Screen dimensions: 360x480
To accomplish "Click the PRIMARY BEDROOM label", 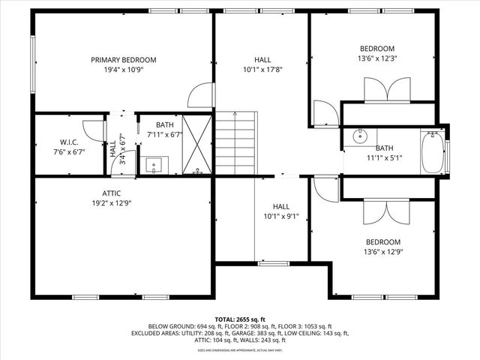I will [x=123, y=60].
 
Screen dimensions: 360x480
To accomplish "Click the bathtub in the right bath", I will [x=433, y=151].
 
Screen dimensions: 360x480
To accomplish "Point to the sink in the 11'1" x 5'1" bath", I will [x=360, y=136].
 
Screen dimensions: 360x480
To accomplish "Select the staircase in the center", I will [x=236, y=142].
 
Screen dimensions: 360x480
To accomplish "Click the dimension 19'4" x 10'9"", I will [x=123, y=70].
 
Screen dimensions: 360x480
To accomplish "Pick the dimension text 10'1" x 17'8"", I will [x=262, y=70].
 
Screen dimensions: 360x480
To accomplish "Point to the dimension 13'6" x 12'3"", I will [x=376, y=58].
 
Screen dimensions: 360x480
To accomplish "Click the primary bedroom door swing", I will [x=200, y=96].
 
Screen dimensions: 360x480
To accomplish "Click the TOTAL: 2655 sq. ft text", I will [x=240, y=319].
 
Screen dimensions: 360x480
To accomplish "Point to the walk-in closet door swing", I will [x=91, y=130].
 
